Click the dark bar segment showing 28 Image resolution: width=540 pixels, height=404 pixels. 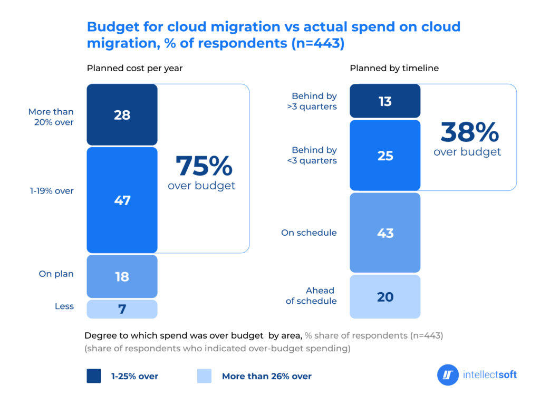click(122, 114)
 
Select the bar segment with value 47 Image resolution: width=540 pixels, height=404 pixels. click(122, 200)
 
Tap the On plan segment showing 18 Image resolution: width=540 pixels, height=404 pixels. click(122, 276)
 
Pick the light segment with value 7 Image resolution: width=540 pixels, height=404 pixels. click(122, 309)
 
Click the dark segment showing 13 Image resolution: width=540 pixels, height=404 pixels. click(385, 101)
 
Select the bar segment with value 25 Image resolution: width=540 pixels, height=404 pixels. click(385, 155)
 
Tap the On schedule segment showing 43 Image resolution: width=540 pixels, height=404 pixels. click(385, 233)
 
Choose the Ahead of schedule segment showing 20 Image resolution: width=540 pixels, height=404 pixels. click(385, 296)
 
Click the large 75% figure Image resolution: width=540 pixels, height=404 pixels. click(204, 166)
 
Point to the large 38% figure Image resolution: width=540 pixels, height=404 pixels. click(469, 132)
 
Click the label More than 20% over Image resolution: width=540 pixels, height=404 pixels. click(51, 117)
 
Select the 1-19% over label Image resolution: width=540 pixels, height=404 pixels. click(52, 191)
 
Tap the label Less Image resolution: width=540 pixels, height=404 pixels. click(64, 306)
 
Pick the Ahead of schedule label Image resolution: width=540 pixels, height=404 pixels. click(311, 296)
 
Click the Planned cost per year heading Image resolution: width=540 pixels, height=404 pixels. click(134, 69)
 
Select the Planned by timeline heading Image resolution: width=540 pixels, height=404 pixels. click(394, 69)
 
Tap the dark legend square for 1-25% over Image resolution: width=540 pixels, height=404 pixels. click(94, 376)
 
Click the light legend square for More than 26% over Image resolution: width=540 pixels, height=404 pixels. click(204, 376)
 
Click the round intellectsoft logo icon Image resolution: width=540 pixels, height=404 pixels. click(448, 375)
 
